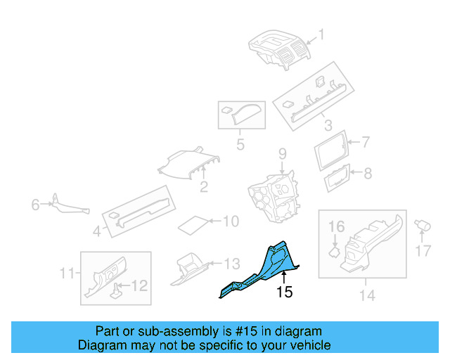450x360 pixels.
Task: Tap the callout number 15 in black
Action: pos(284,292)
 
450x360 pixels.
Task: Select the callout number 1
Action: pos(321,34)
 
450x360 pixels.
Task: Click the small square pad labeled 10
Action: pos(193,226)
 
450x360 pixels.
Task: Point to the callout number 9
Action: pos(283,154)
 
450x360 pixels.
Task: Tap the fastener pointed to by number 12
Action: pos(115,290)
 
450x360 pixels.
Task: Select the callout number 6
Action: pos(35,205)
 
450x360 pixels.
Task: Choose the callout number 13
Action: pos(232,264)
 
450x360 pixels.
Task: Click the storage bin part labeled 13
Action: pos(189,269)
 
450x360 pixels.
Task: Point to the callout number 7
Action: pos(366,142)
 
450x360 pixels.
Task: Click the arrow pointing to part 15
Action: pos(284,278)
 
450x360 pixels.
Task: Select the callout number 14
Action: pos(367,295)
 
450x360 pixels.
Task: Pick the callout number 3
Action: pos(328,125)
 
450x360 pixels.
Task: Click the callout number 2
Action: pos(204,186)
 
